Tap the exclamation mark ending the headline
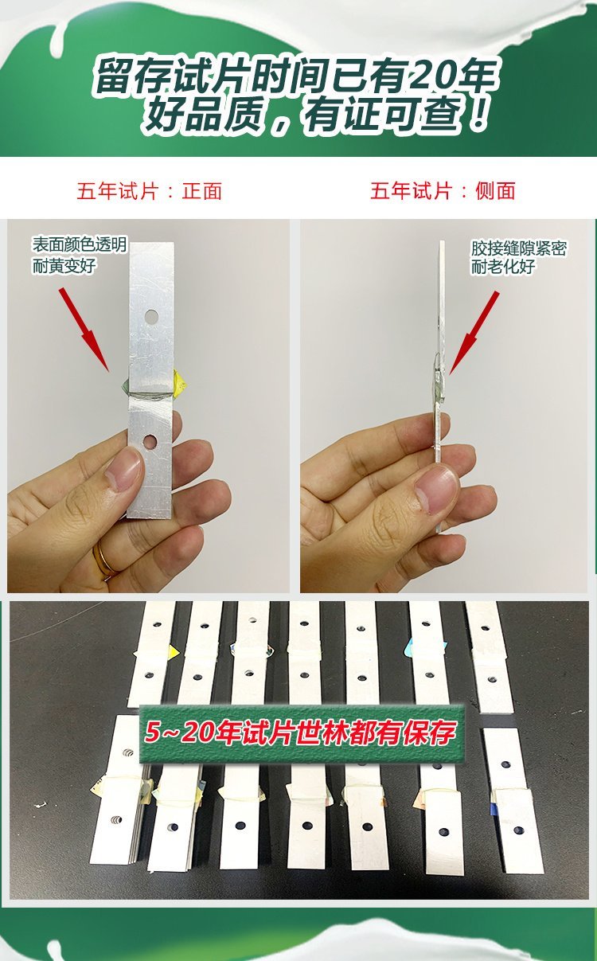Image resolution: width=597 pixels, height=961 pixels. point(478,113)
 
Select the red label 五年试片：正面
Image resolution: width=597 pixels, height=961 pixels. point(150,191)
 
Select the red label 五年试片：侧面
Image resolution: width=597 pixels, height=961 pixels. point(443,191)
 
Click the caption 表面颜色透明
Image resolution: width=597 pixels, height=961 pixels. point(80,245)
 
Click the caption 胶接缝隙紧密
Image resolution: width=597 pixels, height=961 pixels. point(518,249)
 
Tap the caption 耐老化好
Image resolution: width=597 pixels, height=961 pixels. point(502,267)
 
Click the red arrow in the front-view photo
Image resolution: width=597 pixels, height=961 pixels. point(84,330)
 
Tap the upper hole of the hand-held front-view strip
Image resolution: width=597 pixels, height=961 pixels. point(151,317)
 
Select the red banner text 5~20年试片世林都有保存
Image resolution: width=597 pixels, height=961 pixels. point(300,732)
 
